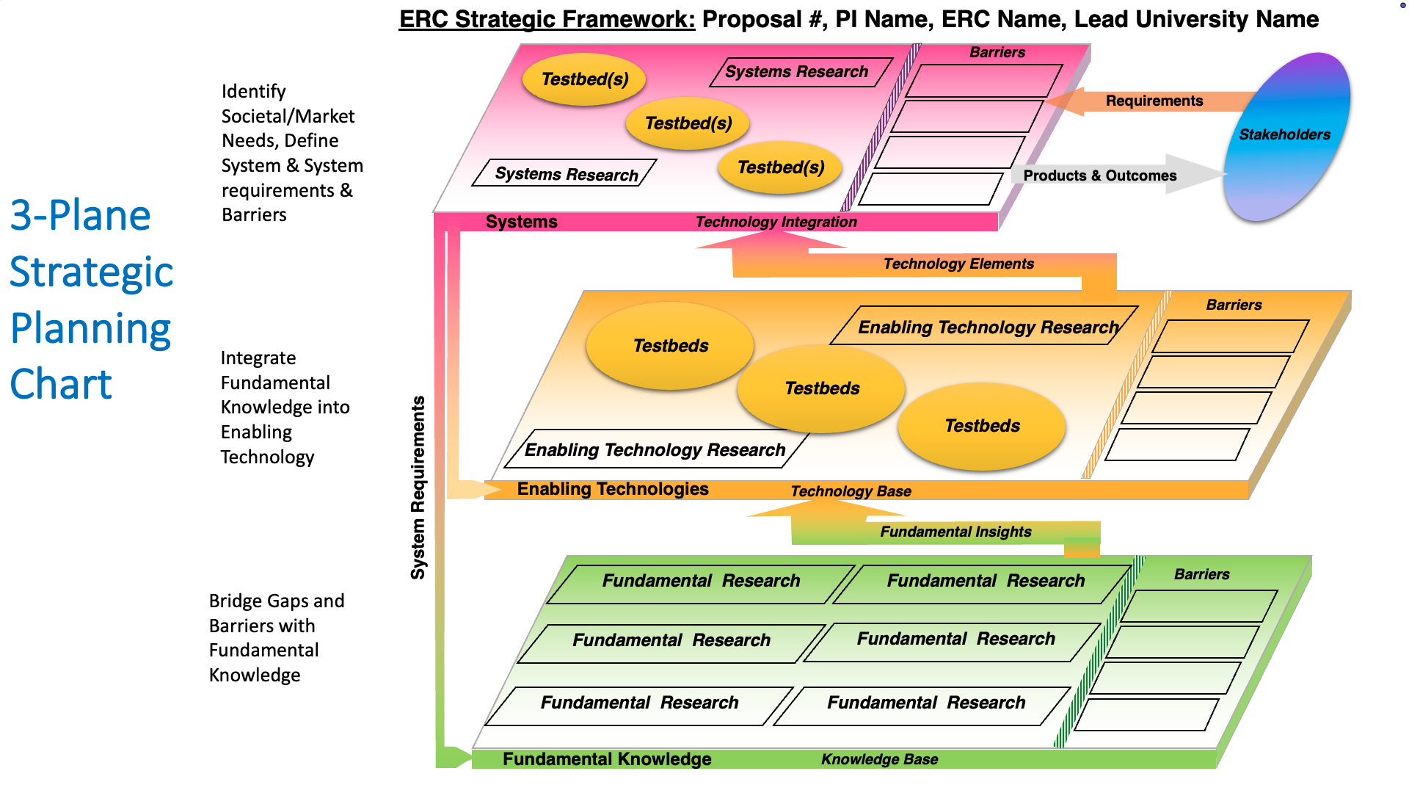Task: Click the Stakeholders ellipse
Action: [1286, 137]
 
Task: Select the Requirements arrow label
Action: [1154, 101]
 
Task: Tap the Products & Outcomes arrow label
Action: [1099, 175]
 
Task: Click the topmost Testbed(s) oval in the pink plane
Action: [584, 79]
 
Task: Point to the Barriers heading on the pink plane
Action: [997, 52]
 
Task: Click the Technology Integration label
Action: [776, 222]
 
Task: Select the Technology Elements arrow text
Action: [958, 264]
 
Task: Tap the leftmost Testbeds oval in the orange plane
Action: [670, 346]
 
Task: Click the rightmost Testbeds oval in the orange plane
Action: [982, 426]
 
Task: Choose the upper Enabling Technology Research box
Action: [987, 327]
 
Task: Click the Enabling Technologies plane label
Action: [612, 489]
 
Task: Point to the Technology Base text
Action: [851, 491]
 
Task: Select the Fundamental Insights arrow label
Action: [955, 532]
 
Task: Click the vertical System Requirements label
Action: [418, 488]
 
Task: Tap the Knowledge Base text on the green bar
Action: [879, 759]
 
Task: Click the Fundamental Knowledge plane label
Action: [606, 759]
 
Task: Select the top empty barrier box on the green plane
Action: [1198, 606]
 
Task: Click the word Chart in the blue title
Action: [61, 384]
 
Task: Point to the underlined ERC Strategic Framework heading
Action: [547, 19]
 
